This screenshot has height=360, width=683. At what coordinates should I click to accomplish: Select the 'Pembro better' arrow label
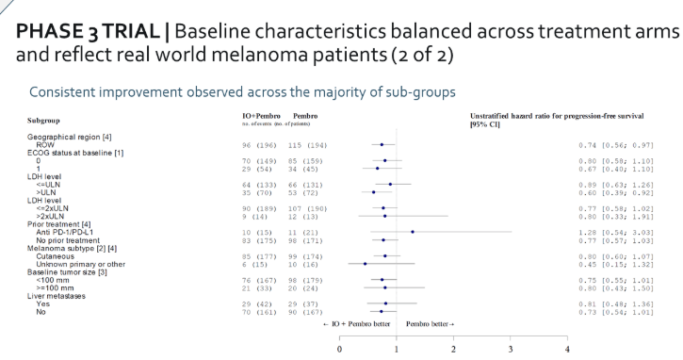tap(431, 322)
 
